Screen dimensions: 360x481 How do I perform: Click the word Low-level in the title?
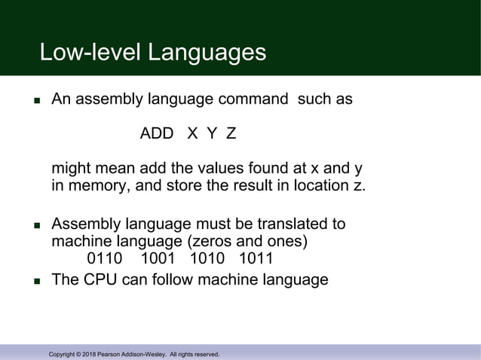pyautogui.click(x=90, y=52)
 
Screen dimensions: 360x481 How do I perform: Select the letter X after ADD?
pyautogui.click(x=192, y=134)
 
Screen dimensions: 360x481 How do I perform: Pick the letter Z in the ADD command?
pyautogui.click(x=231, y=134)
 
